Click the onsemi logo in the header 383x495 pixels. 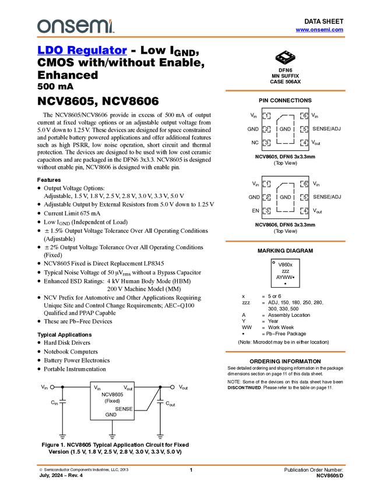[75, 26]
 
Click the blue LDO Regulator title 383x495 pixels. [82, 51]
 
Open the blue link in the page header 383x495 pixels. [319, 29]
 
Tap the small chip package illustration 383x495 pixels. [285, 56]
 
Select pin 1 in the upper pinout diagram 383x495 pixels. [266, 116]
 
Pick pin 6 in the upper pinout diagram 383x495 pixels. [304, 116]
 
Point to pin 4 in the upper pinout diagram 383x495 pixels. [304, 143]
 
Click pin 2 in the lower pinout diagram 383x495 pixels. [266, 197]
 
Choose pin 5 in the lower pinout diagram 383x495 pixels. [304, 197]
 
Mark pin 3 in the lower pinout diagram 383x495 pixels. [266, 211]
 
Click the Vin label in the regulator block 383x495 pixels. [97, 388]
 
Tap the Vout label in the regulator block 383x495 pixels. [128, 388]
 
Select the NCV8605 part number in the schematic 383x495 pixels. [112, 394]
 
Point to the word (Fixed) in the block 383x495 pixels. [112, 401]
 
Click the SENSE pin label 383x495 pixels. [124, 409]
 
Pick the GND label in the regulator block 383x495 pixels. [111, 415]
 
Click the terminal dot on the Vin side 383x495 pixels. [52, 387]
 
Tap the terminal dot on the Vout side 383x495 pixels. [173, 387]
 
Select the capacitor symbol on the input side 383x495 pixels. [62, 401]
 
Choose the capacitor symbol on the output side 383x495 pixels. [160, 401]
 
